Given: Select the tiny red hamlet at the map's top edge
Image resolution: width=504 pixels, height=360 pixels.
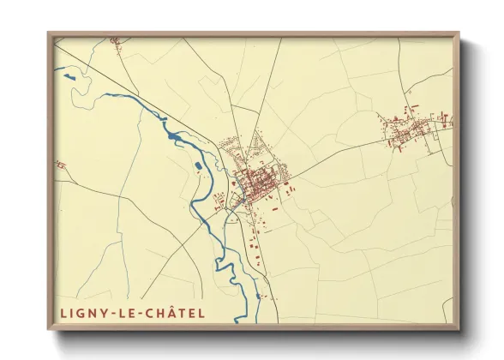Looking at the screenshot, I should tap(114, 39).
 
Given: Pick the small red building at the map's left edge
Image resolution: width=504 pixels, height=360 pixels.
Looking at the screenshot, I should tap(59, 164).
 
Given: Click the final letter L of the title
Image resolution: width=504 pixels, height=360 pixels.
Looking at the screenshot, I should tap(201, 313).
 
